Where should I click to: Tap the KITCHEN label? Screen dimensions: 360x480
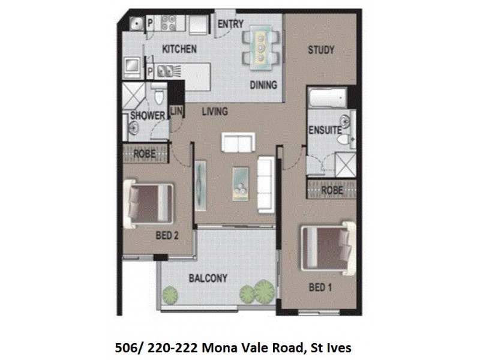click(x=178, y=49)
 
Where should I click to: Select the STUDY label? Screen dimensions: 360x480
click(x=321, y=50)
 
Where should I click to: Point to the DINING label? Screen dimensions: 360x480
click(x=263, y=85)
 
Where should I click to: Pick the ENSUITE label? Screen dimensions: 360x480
click(x=326, y=128)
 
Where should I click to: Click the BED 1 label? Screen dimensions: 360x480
click(x=320, y=287)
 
